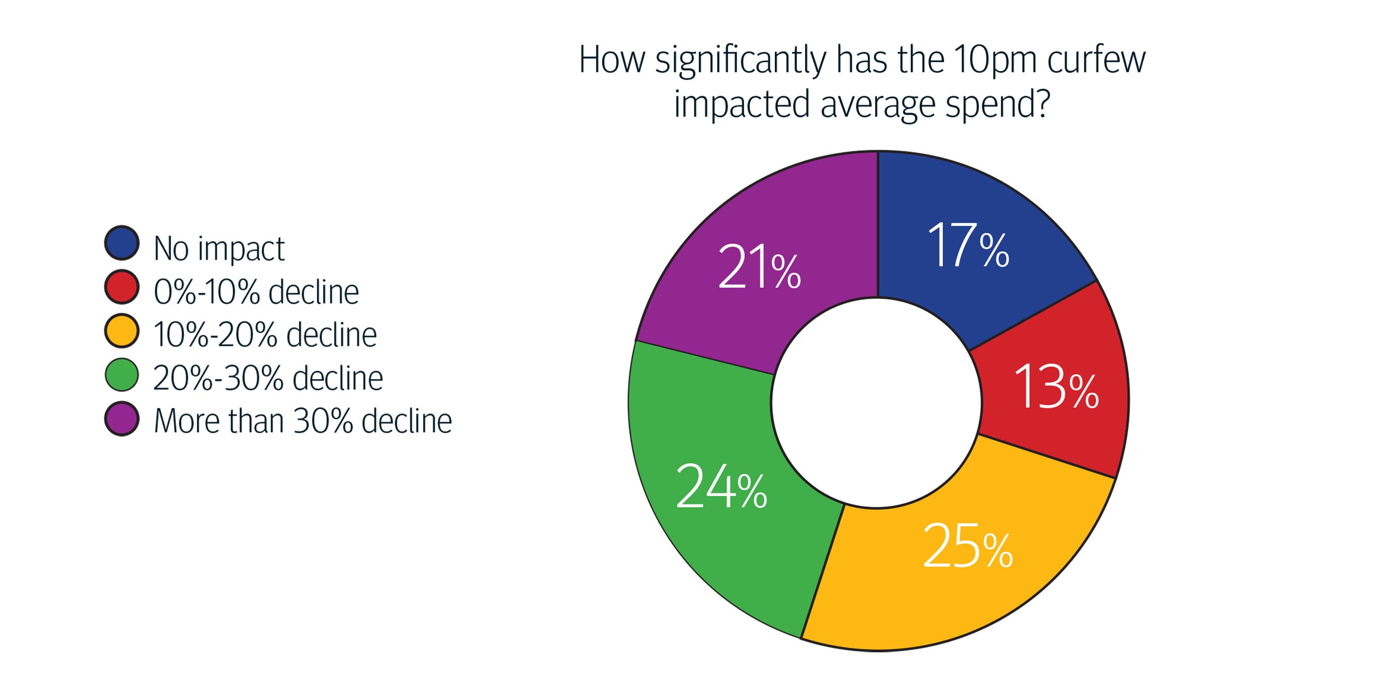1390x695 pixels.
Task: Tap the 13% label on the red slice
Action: click(x=1056, y=386)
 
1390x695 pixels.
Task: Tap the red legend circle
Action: click(x=122, y=287)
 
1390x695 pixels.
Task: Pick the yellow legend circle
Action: click(x=122, y=330)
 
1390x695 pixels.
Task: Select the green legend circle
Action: click(x=122, y=375)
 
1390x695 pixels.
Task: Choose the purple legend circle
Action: click(x=122, y=419)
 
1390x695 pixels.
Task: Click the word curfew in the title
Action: click(x=1096, y=60)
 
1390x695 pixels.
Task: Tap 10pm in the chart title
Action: click(x=995, y=60)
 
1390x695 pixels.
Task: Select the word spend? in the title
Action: click(x=998, y=105)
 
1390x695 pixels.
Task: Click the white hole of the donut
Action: click(x=876, y=402)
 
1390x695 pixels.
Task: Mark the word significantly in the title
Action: click(x=740, y=61)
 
